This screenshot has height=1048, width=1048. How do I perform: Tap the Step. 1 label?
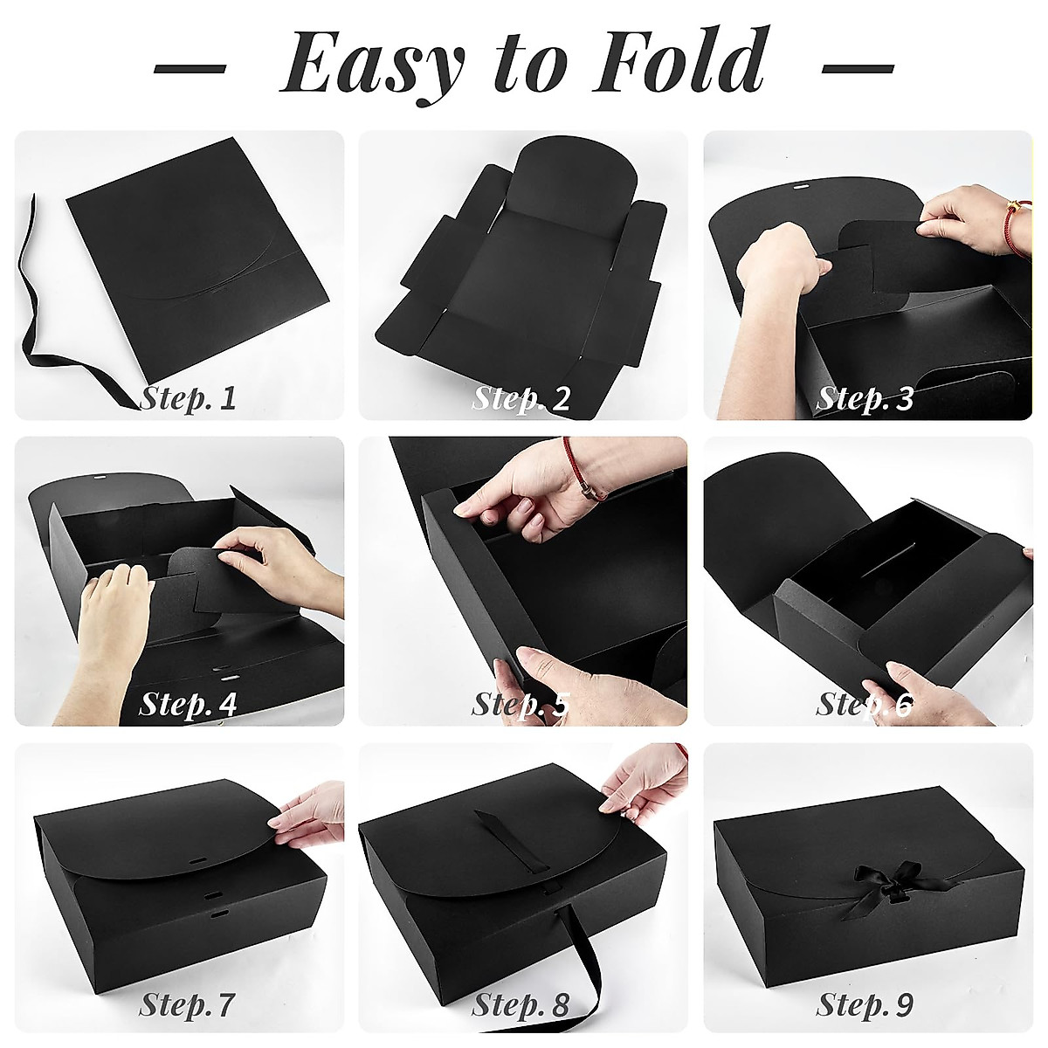pos(188,399)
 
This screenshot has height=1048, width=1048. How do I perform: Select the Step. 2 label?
pos(521,399)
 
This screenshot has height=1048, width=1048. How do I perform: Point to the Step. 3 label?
pos(865,399)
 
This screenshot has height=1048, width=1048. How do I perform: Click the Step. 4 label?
pos(188,703)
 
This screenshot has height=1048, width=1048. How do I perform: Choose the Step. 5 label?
pos(521,704)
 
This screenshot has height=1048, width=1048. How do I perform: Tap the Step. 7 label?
pos(188,1005)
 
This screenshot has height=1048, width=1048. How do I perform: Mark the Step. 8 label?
pos(521,1005)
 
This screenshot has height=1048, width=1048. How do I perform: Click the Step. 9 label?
pos(865,1005)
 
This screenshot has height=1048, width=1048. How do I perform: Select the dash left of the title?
pos(190,67)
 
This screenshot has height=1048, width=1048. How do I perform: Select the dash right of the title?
pos(858,67)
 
